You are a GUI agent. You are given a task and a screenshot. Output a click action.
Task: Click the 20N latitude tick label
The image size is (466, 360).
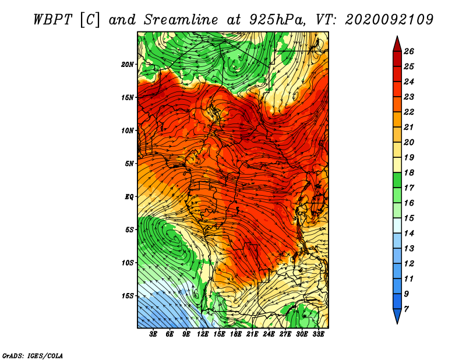pos(128,65)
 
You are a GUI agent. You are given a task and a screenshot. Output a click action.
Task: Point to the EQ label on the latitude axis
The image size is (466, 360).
pos(129,197)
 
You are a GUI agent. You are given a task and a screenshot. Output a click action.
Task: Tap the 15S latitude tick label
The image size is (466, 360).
pos(128,296)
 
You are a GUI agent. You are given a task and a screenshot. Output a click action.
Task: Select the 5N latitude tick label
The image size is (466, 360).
pos(129,164)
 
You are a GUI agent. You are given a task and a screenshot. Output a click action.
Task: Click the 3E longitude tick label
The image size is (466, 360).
pos(153,334)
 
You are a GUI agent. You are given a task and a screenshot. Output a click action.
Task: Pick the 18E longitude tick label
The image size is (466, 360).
pos(236,334)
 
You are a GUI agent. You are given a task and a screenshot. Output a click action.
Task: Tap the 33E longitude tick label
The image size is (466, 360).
pos(318,334)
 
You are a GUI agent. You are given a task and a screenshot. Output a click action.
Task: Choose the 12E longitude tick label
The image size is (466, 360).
pos(203,334)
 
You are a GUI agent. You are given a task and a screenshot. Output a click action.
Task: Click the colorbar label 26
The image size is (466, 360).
pos(409,51)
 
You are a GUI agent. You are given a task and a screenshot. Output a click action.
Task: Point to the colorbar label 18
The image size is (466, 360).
pos(409,172)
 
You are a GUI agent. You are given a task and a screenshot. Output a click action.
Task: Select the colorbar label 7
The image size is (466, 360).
pos(406,309)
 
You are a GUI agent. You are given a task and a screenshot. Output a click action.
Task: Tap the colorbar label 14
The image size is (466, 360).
pos(409,234)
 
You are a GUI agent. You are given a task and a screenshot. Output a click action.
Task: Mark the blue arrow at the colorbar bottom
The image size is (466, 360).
pos(397,316)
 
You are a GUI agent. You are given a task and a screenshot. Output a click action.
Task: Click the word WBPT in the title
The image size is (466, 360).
pos(53,20)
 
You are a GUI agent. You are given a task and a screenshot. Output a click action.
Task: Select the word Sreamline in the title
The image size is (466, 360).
pos(181,20)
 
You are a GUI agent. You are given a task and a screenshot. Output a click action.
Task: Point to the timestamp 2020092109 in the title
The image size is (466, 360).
pos(389,20)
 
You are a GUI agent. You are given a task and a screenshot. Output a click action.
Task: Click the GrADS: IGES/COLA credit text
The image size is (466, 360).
pos(33,355)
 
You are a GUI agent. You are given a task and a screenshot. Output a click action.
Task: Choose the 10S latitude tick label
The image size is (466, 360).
pos(128,263)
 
